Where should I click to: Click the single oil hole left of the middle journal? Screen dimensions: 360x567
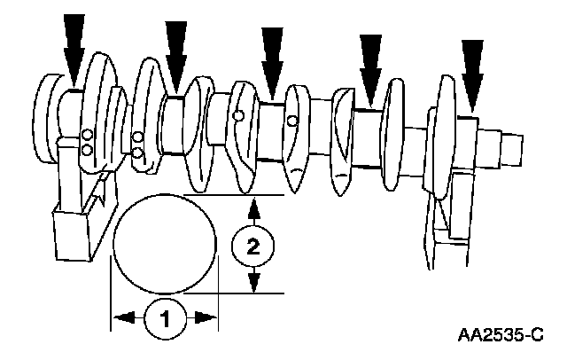pos(238,115)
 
